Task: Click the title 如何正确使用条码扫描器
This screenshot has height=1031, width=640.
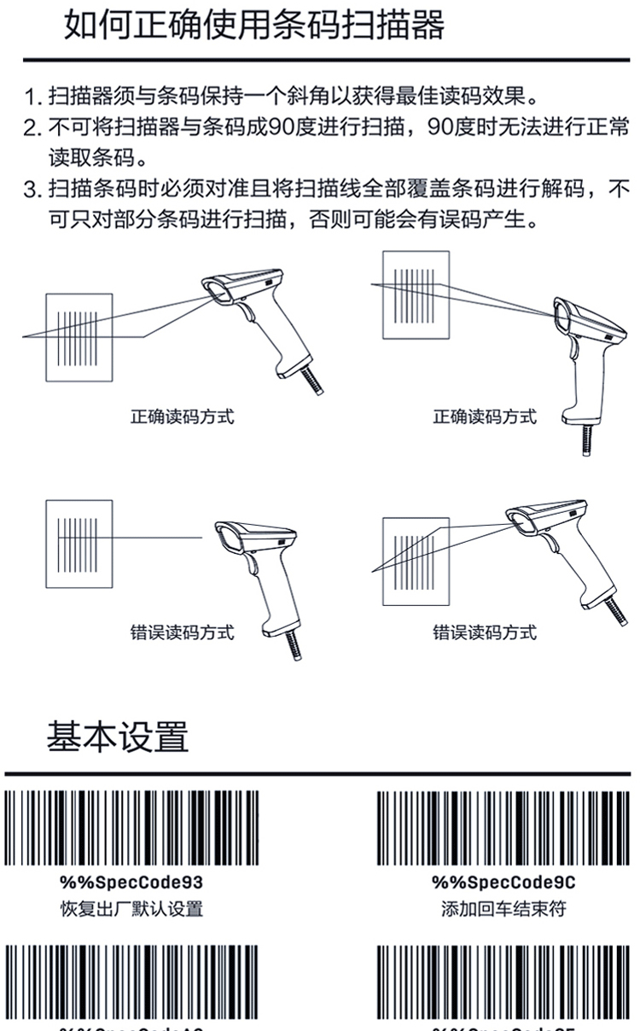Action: pyautogui.click(x=254, y=26)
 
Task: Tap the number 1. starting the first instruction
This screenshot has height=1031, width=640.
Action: pyautogui.click(x=34, y=94)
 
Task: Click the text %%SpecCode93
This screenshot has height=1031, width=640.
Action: pyautogui.click(x=131, y=882)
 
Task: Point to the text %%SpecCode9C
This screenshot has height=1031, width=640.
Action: pyautogui.click(x=503, y=882)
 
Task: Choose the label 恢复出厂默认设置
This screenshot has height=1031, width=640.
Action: pyautogui.click(x=131, y=909)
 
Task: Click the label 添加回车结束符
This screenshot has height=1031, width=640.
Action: pyautogui.click(x=503, y=909)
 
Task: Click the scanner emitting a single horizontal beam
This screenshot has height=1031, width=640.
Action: pyautogui.click(x=257, y=572)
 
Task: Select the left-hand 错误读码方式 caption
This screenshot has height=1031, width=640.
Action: pyautogui.click(x=182, y=632)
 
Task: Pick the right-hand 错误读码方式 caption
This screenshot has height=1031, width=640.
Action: pyautogui.click(x=485, y=632)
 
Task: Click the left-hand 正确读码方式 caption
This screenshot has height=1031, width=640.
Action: pyautogui.click(x=182, y=417)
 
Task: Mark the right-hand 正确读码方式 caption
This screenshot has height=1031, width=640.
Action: pyautogui.click(x=485, y=417)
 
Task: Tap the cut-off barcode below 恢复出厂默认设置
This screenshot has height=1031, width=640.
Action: pyautogui.click(x=132, y=981)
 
